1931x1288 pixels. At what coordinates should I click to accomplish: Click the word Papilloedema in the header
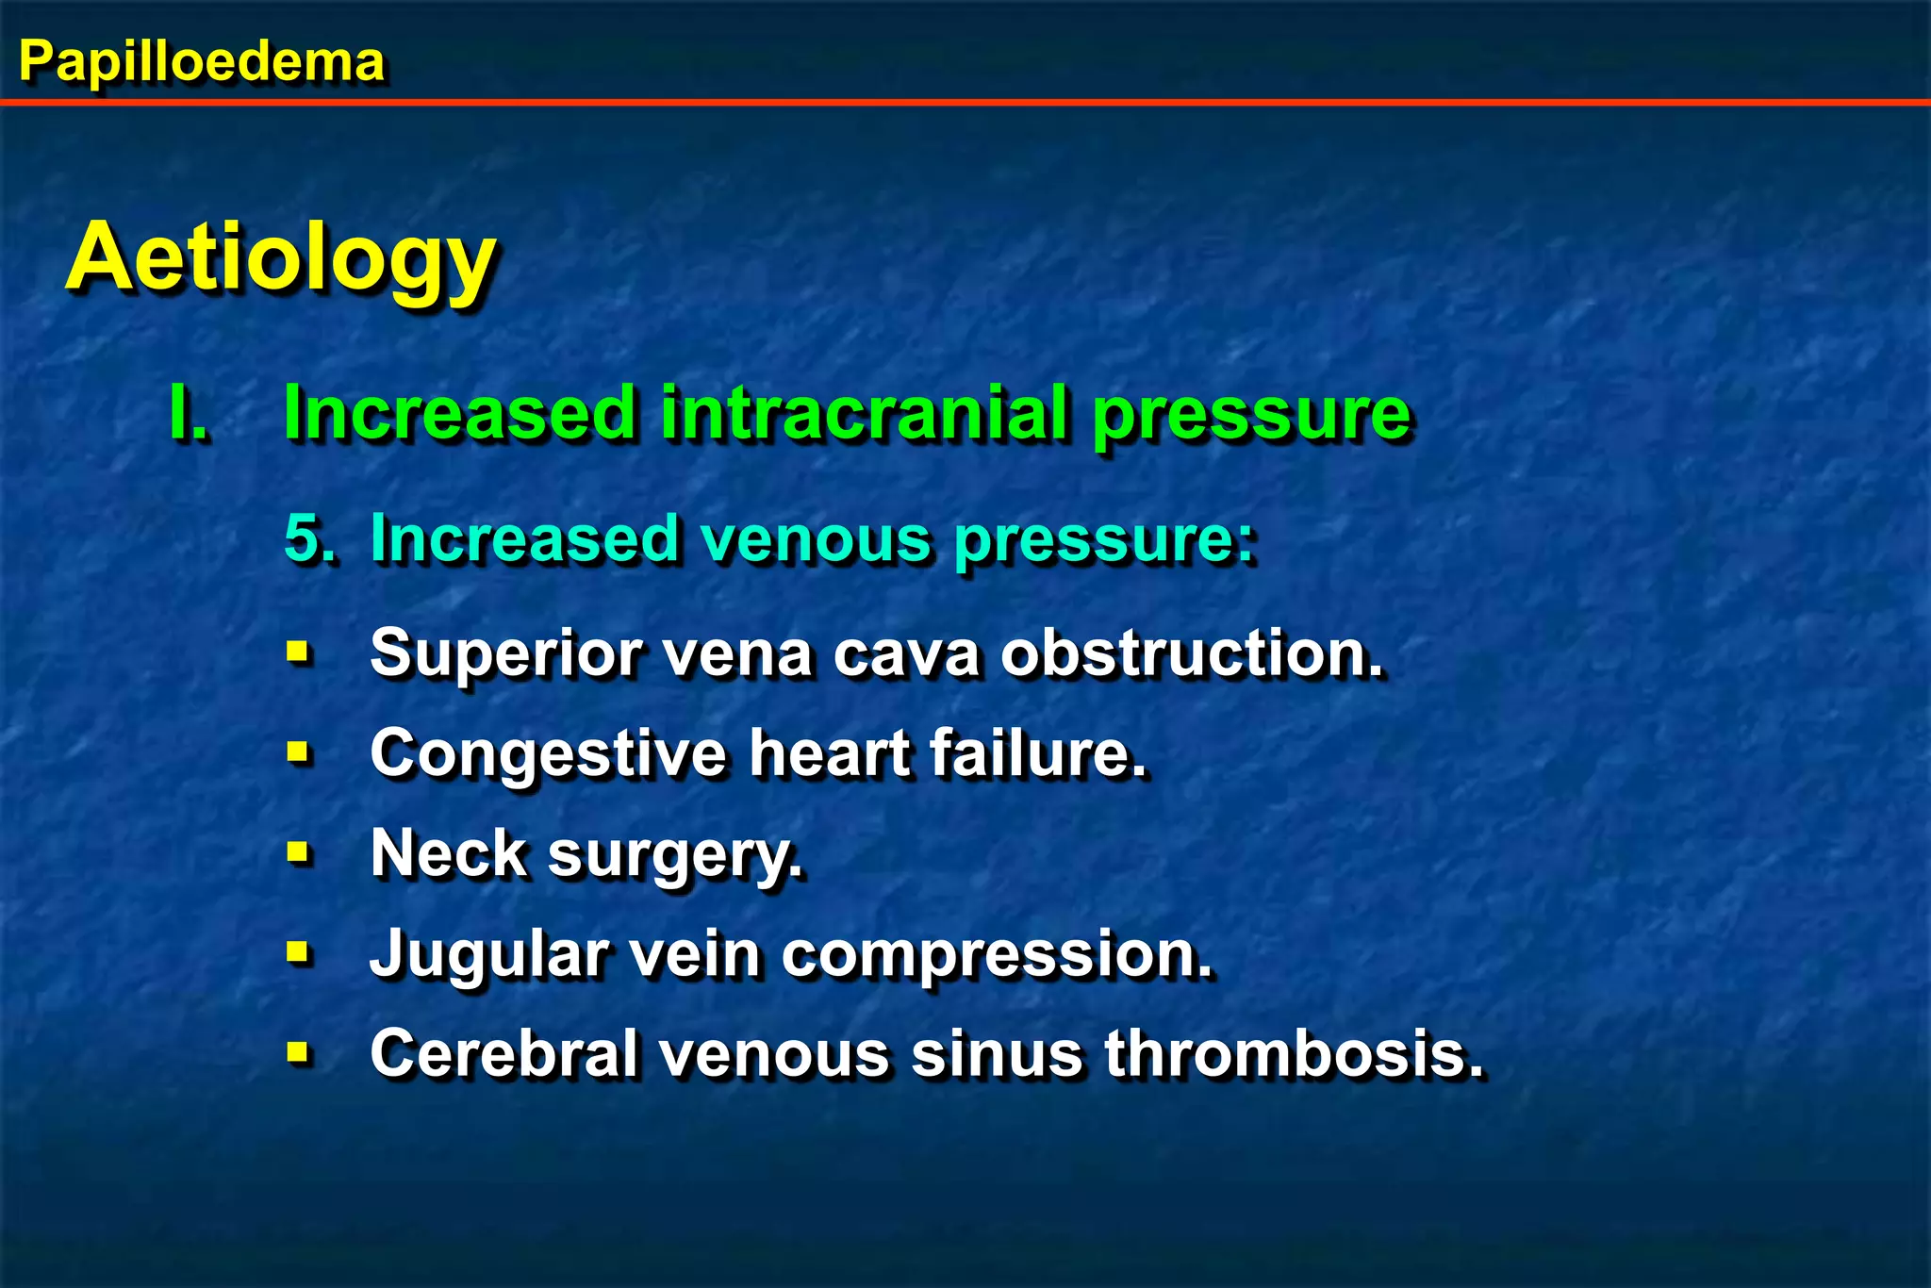point(202,62)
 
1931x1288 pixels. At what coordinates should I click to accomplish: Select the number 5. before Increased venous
point(308,539)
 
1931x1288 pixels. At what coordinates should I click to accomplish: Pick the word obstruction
point(1191,653)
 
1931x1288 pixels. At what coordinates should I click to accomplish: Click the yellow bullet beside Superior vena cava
point(298,651)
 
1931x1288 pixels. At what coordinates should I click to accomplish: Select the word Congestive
point(548,754)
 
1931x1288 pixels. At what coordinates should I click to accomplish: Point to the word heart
point(830,754)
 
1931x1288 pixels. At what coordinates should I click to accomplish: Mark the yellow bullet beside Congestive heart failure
point(298,751)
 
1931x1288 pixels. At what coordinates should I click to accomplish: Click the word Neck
point(448,854)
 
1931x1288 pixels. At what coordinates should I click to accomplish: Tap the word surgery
point(675,856)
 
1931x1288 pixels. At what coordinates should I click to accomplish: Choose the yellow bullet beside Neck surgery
point(298,852)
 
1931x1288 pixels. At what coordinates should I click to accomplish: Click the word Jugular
point(489,955)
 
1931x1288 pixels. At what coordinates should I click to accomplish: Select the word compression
point(997,955)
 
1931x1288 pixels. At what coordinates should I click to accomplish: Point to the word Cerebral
point(504,1053)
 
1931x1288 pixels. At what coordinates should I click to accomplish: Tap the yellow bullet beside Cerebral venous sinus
point(298,1050)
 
